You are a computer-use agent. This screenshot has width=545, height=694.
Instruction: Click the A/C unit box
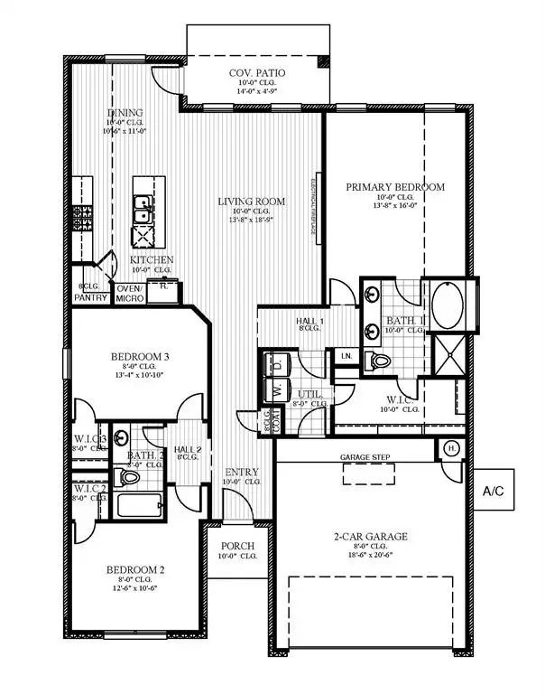(x=492, y=492)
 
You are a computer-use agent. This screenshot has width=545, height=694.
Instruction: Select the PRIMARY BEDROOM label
(x=395, y=187)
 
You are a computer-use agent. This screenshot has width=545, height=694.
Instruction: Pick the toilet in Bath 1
(x=382, y=361)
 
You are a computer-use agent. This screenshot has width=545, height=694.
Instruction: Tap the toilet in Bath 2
(x=128, y=476)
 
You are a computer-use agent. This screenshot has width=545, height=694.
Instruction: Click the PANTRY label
(x=91, y=297)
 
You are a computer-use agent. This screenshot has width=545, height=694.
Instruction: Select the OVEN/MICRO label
(x=130, y=294)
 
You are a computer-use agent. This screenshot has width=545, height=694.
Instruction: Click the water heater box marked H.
(x=449, y=448)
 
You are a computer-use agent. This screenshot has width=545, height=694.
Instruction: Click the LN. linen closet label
(x=346, y=356)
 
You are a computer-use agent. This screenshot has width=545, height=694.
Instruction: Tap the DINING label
(x=125, y=113)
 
